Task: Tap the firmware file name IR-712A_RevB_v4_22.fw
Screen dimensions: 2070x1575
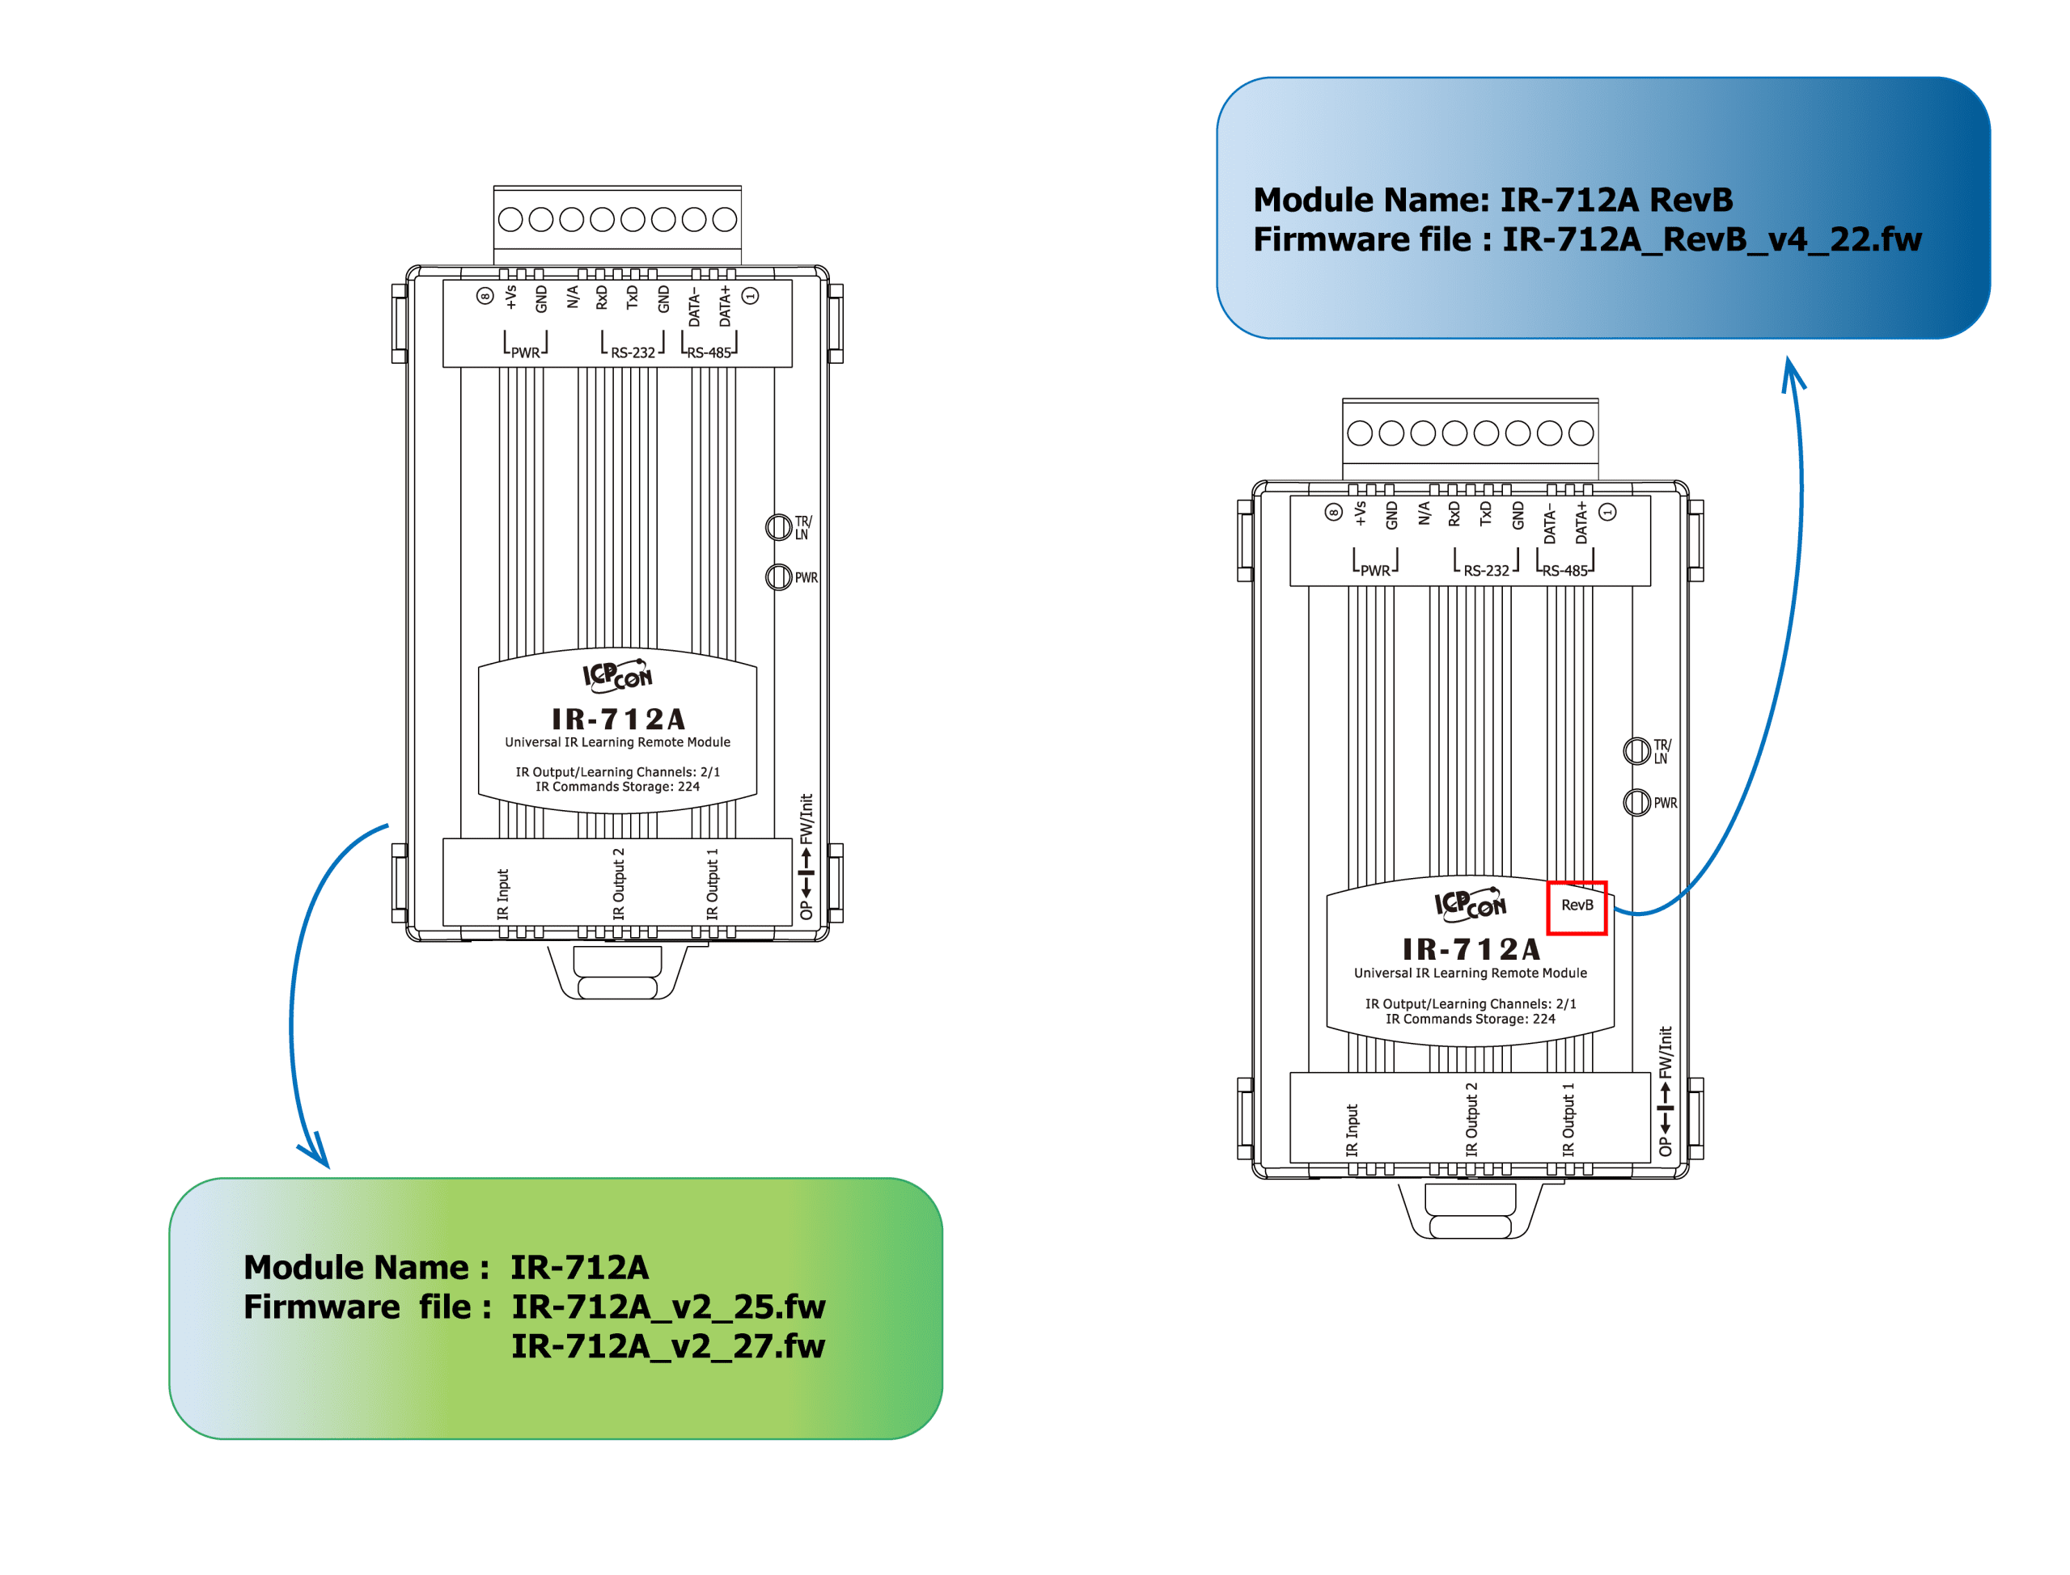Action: point(1711,240)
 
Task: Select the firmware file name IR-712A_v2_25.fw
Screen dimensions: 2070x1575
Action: point(668,1306)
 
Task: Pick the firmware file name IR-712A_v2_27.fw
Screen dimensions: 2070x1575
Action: point(668,1345)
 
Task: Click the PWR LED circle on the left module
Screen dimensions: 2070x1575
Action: point(777,576)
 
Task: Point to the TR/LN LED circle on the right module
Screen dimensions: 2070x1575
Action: point(1636,751)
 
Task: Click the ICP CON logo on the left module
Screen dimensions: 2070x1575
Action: point(616,675)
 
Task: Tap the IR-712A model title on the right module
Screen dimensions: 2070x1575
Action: point(1471,950)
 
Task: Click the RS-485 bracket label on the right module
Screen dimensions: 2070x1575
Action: point(1564,571)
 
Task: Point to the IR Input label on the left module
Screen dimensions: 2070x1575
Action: point(502,893)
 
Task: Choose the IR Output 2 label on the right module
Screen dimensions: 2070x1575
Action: point(1471,1119)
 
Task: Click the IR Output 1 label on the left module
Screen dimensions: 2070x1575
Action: point(712,884)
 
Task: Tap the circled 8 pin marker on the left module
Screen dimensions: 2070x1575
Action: point(484,296)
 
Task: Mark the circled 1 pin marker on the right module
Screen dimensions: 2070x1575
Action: point(1606,512)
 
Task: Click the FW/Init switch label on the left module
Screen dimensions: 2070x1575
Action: point(806,818)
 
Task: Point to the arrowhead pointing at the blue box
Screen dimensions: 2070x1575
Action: point(1792,372)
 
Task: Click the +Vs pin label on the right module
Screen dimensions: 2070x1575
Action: point(1359,513)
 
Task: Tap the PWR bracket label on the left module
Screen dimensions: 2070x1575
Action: point(524,353)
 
